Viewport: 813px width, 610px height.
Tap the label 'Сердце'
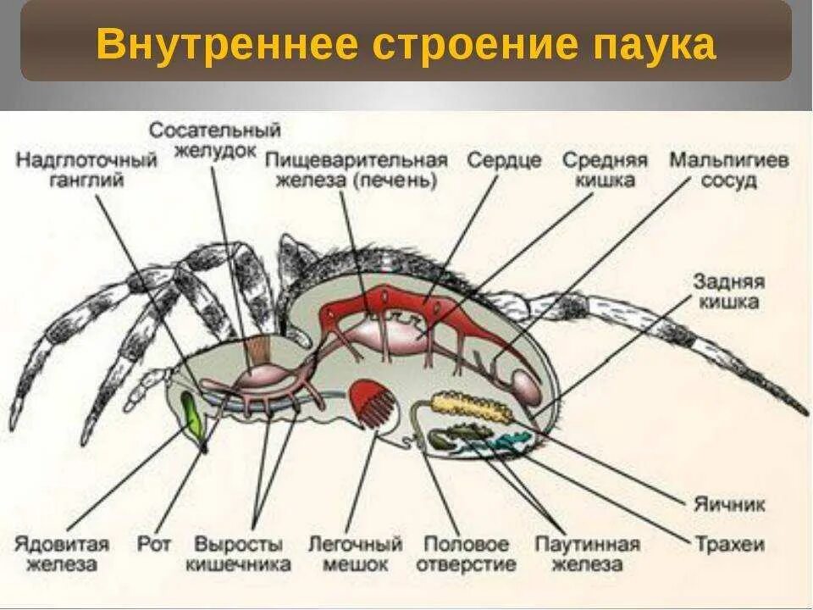[504, 160]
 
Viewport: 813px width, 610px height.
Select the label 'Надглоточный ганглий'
[87, 169]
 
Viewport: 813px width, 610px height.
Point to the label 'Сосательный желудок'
[215, 140]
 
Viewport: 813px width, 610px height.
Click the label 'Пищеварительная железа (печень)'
[356, 169]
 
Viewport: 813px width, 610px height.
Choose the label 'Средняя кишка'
[606, 169]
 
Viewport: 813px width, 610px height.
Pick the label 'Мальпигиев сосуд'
[729, 169]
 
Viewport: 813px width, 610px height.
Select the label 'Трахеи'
[730, 543]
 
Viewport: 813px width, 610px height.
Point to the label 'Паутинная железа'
[588, 553]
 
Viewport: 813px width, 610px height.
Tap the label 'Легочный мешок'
[354, 553]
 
